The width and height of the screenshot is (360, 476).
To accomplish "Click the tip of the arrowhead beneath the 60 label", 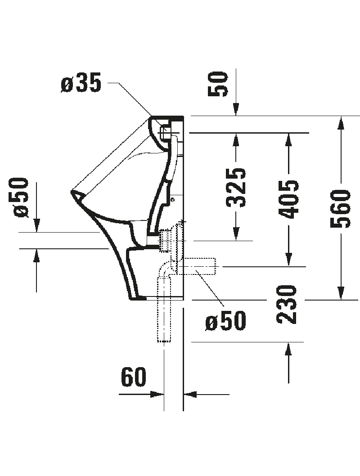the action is click(164, 394).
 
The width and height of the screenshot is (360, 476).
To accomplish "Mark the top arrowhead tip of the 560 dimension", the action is click(341, 116).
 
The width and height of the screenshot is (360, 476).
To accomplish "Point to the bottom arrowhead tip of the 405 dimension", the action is click(288, 266).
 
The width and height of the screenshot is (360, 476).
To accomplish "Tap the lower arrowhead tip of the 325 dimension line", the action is click(236, 241).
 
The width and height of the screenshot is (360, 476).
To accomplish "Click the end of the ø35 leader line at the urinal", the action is click(151, 116).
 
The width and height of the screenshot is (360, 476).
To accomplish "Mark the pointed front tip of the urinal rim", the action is click(71, 192).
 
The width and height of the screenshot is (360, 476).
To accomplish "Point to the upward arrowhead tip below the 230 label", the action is click(288, 342).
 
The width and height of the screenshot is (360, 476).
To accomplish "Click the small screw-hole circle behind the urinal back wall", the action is click(173, 199).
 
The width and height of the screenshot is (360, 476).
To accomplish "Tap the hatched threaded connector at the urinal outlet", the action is click(164, 240).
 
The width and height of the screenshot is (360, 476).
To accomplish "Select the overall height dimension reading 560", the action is click(341, 208).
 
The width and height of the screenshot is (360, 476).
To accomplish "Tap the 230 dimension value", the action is click(287, 304).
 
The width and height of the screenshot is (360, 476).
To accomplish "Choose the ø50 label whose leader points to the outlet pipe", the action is click(226, 321).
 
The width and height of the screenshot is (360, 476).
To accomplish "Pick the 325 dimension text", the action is click(236, 188).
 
